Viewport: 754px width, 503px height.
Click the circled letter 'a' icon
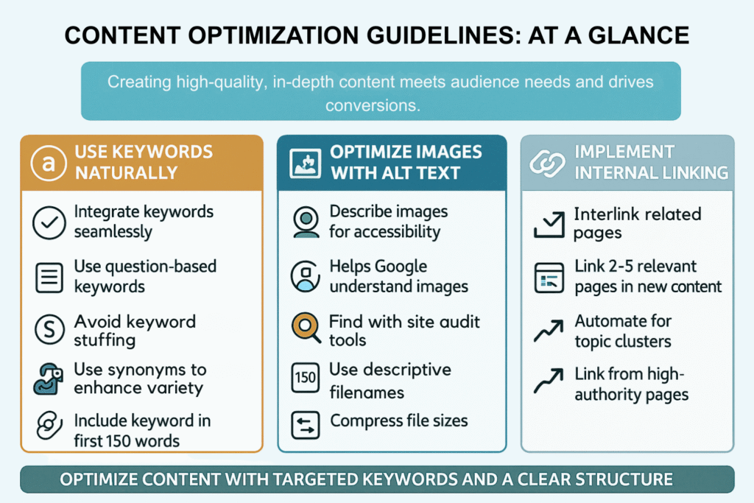(48, 163)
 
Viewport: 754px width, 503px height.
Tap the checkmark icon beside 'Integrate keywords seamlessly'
(49, 222)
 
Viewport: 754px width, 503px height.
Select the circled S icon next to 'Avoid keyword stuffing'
(49, 329)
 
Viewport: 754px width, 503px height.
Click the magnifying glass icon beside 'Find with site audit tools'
(306, 328)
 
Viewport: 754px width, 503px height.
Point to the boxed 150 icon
(306, 378)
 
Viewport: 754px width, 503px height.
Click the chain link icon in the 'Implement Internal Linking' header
(547, 163)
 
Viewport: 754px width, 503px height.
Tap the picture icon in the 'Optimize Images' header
(306, 163)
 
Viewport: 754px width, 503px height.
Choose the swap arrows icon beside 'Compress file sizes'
(306, 425)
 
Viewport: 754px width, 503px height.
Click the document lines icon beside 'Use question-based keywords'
(49, 278)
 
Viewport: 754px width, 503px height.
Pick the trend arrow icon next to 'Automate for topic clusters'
(548, 331)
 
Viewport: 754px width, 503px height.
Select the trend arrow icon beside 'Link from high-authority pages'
(548, 381)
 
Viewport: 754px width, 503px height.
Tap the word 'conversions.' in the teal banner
(373, 105)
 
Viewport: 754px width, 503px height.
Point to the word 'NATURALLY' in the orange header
(127, 172)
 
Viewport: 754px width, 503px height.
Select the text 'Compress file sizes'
(398, 421)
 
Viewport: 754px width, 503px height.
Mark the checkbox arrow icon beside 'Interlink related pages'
(549, 225)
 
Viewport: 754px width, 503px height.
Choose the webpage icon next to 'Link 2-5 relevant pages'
(549, 278)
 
